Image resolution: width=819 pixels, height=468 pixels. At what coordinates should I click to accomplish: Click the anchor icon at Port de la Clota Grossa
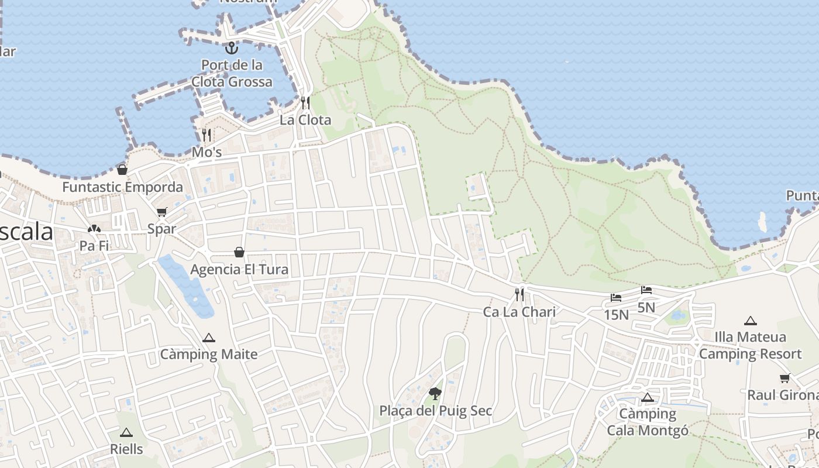coord(232,47)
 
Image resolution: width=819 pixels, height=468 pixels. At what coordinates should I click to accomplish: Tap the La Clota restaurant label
coord(305,120)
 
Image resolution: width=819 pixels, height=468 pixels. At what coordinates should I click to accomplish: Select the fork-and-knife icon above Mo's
coord(207,135)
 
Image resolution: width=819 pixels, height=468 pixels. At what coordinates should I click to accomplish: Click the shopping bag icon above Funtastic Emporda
coord(122,170)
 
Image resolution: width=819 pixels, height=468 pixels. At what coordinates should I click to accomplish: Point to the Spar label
coord(161,229)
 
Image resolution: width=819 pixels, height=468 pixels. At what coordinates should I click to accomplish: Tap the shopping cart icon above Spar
coord(161,212)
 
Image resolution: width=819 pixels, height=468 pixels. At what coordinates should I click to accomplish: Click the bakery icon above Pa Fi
coord(94,229)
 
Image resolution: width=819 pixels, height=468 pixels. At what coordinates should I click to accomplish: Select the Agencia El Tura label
coord(239,270)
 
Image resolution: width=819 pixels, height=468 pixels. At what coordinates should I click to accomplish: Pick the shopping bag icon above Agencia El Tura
coord(239,252)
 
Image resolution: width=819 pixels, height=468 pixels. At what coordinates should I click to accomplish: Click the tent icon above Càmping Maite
coord(209,338)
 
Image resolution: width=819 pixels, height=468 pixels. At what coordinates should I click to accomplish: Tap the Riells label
coord(126,449)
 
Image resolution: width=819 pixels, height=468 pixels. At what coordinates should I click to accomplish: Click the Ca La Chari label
coord(519,312)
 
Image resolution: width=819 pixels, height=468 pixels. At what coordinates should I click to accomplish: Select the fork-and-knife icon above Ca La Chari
coord(519,294)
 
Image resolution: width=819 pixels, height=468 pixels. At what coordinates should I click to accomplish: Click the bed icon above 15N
coord(616,298)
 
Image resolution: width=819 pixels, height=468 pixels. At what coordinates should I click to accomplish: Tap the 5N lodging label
coord(646,307)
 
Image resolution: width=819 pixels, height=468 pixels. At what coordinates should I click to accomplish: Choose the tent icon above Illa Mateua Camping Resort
coord(751,320)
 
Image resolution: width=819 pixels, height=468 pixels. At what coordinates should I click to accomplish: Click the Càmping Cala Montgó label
coord(648,422)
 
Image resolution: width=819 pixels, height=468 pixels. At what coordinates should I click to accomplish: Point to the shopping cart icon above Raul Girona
coord(784,378)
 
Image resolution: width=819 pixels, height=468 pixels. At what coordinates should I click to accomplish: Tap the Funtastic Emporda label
coord(122,188)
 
